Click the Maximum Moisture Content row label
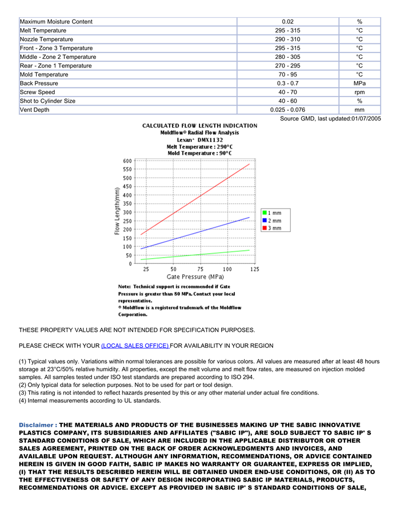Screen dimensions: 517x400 pos(56,22)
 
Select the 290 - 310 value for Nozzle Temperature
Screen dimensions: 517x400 pos(287,39)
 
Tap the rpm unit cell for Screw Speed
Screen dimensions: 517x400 pos(359,92)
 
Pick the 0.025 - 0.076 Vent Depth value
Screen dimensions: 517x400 pos(287,110)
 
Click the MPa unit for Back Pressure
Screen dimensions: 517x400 pos(359,83)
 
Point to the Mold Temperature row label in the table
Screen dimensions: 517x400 pos(44,74)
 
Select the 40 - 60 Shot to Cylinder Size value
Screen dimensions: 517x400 pos(287,101)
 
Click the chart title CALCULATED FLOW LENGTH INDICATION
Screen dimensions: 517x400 pos(199,126)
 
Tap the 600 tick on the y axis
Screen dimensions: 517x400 pos(127,161)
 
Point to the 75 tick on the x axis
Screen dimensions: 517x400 pos(201,268)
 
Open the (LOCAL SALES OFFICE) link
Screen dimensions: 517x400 pos(135,346)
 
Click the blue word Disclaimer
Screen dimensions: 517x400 pos(37,425)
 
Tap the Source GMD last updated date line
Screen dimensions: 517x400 pos(330,119)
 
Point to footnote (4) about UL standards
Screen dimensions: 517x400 pos(90,400)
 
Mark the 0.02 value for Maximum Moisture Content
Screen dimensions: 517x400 pos(287,22)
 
